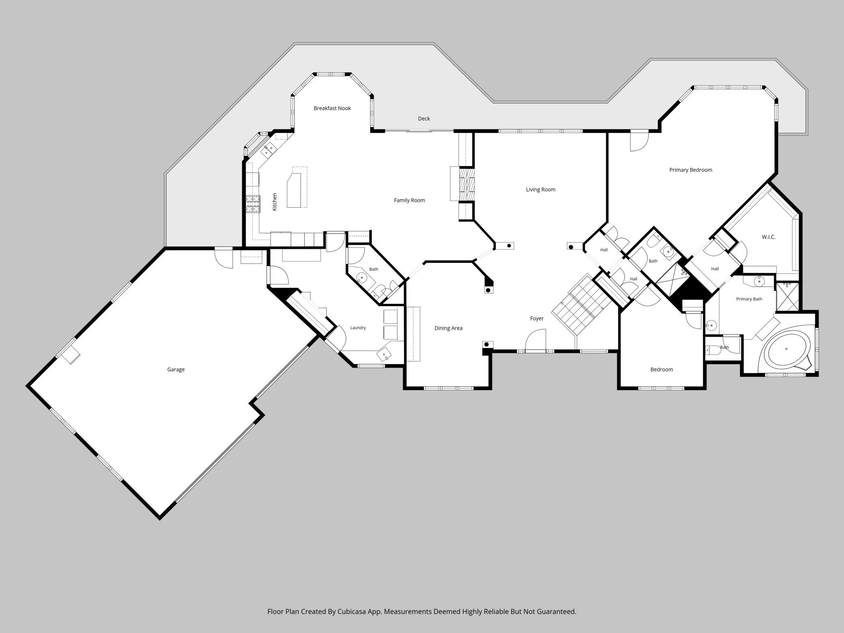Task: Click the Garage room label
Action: (176, 370)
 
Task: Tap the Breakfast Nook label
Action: (332, 108)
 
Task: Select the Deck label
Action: (424, 118)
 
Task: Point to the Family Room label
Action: (409, 200)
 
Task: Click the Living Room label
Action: (540, 189)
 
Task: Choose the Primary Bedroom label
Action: (691, 170)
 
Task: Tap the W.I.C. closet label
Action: (769, 237)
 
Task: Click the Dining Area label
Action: (448, 328)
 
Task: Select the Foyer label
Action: (537, 319)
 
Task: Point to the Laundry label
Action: (358, 328)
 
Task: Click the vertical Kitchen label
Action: (275, 202)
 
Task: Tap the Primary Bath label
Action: (749, 299)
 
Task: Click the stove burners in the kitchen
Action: (252, 204)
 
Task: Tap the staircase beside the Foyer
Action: (580, 304)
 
